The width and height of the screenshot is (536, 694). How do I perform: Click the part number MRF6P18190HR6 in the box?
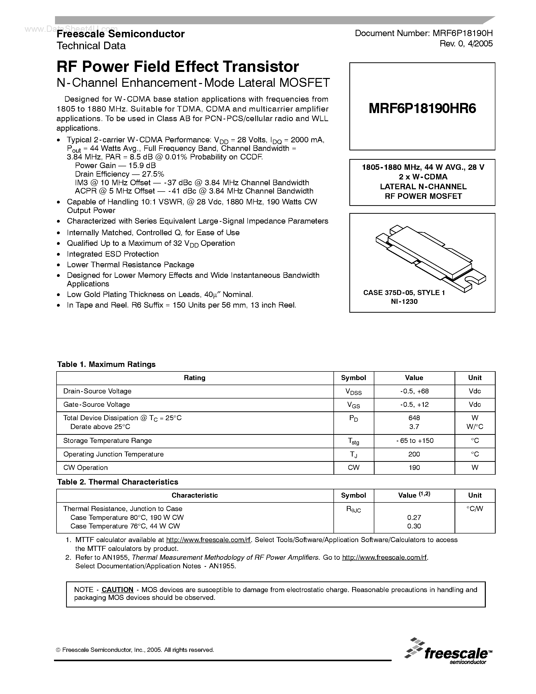tap(422, 109)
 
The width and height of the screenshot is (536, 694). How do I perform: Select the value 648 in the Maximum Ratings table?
tap(414, 418)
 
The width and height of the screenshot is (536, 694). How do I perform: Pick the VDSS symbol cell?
tap(353, 392)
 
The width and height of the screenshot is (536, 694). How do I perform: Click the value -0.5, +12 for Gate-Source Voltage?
tap(414, 405)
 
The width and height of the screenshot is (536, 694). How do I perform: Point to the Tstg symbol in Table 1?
tap(353, 441)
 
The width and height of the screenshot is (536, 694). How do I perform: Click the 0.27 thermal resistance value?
tap(414, 518)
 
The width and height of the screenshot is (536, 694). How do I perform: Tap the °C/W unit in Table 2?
tap(475, 509)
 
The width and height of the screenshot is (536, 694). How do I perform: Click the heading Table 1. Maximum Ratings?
tap(106, 364)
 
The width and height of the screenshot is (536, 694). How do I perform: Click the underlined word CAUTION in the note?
tap(117, 590)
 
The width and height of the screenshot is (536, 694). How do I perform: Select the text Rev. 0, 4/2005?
tap(466, 44)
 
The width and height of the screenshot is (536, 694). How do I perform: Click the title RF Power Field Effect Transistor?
tap(178, 67)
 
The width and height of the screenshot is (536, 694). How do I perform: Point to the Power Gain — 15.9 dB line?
tap(115, 166)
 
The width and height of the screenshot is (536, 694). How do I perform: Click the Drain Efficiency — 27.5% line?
tap(119, 174)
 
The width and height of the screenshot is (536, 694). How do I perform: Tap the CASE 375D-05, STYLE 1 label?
tap(404, 293)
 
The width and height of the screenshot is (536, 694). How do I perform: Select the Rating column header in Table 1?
tap(195, 378)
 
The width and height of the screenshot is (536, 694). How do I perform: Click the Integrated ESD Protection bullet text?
tap(113, 254)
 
